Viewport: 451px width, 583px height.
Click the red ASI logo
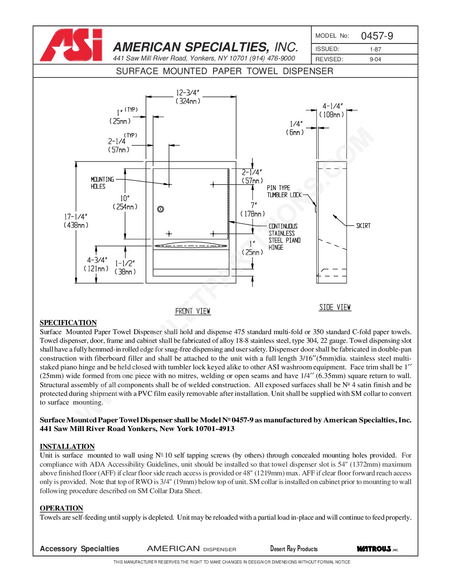pos(71,45)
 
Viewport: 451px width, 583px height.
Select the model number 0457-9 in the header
pos(377,36)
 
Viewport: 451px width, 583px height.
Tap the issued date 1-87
pos(375,49)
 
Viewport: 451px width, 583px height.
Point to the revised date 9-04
pos(375,59)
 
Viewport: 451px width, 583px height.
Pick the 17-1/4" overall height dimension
pos(76,217)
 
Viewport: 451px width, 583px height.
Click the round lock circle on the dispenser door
pos(161,209)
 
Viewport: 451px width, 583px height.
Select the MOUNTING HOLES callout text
pos(102,183)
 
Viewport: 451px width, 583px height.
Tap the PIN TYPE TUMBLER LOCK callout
pos(284,191)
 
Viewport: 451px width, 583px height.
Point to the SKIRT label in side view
pos(363,226)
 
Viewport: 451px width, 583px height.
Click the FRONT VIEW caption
pos(193,311)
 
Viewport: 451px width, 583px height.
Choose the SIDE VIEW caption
pos(335,307)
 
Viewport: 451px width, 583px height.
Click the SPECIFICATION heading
pos(68,323)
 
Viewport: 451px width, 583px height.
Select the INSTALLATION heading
pos(67,446)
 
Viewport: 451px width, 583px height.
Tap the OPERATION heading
pos(61,508)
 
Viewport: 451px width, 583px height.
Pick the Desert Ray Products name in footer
pos(294,549)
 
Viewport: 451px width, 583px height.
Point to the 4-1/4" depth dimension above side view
pos(332,106)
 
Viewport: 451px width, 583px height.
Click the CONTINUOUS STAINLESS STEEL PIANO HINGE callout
pos(284,237)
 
